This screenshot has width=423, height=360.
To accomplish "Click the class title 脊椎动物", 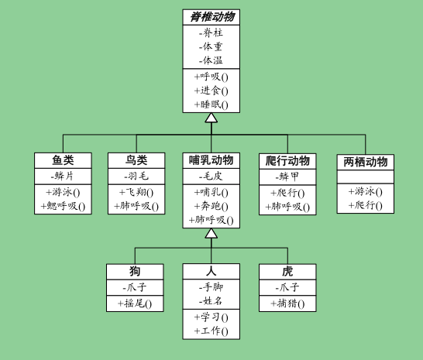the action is [x=212, y=17].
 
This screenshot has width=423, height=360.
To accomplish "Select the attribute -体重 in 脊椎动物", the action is [x=211, y=46].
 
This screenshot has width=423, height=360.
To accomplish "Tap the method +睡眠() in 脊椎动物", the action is [x=211, y=105].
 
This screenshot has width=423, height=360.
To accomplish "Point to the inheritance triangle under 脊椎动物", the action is [x=211, y=118].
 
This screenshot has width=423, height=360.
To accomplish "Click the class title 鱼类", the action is [x=63, y=160].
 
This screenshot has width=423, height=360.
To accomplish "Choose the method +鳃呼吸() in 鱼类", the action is [x=63, y=206].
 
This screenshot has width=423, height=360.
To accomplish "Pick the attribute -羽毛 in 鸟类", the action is [x=136, y=177].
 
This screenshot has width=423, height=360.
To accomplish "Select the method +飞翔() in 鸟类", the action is [x=136, y=192].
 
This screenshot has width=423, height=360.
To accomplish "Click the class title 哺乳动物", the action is [x=211, y=160].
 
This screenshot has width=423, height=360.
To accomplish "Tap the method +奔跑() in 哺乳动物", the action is [x=211, y=206].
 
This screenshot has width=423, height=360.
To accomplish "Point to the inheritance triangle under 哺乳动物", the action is [x=211, y=234].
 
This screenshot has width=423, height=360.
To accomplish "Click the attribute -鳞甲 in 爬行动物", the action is [x=287, y=177].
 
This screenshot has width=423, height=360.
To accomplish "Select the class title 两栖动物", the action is [x=366, y=162].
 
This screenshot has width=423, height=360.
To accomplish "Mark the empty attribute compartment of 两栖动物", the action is [x=366, y=177].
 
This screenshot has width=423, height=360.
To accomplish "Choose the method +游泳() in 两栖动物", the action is [x=366, y=192].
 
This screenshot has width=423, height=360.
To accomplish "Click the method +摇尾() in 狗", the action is [x=135, y=303].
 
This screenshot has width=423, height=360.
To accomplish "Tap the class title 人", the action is [x=211, y=271].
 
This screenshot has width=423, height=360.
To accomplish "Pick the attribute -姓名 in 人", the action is [x=211, y=300].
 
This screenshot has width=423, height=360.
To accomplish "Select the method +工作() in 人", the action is [x=211, y=331].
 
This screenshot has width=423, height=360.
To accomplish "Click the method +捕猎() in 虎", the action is [x=287, y=303].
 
